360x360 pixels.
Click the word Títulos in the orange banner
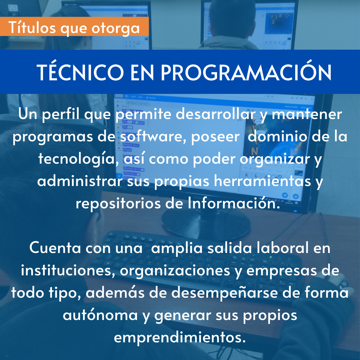tap(32, 27)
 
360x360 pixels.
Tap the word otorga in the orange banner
tap(115, 29)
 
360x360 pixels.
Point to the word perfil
tap(61, 114)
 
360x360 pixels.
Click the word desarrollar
tap(216, 114)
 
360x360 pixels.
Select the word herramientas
tap(262, 181)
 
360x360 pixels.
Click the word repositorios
tap(118, 204)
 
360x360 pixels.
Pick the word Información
tap(234, 203)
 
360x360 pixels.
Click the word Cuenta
tap(55, 248)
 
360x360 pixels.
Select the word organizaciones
tap(175, 271)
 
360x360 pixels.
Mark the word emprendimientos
tap(180, 338)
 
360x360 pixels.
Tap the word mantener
tap(307, 114)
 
